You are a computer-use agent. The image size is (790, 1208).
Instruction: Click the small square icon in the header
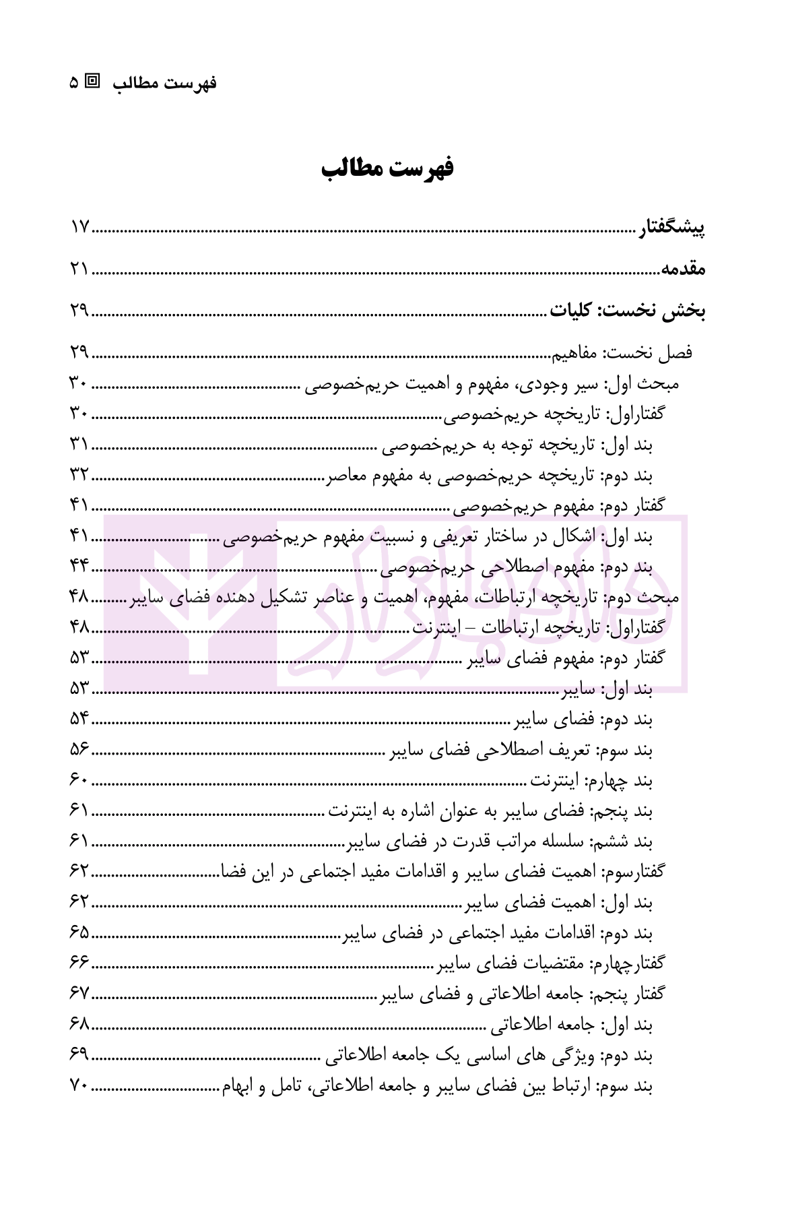[x=93, y=82]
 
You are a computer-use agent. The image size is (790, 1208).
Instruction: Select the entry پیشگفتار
[x=671, y=228]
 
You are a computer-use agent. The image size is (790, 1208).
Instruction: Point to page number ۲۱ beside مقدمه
[x=79, y=269]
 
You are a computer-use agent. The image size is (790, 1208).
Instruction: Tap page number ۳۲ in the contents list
[x=79, y=476]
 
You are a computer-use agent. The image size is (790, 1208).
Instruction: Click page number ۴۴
[x=79, y=569]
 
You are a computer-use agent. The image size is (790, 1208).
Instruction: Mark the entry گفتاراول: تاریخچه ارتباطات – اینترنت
[x=538, y=628]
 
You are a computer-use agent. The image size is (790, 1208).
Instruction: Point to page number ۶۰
[x=79, y=782]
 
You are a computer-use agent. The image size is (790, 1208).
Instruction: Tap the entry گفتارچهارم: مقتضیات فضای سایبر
[x=550, y=965]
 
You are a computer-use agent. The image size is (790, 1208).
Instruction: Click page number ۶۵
[x=79, y=934]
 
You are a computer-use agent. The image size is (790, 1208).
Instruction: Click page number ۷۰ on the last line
[x=79, y=1086]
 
